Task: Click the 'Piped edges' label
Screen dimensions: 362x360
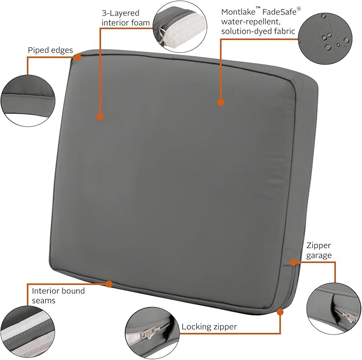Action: pyautogui.click(x=50, y=50)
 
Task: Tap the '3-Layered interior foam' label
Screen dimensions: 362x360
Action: pyautogui.click(x=126, y=18)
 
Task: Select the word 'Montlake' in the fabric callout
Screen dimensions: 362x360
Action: pyautogui.click(x=238, y=12)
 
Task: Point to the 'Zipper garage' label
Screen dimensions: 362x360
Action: pyautogui.click(x=319, y=250)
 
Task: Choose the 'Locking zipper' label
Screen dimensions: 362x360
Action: pyautogui.click(x=209, y=327)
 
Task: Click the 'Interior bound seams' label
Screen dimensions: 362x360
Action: pyautogui.click(x=58, y=296)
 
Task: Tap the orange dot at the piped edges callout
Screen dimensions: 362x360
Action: pyautogui.click(x=78, y=58)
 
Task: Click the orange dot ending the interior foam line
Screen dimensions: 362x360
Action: pyautogui.click(x=100, y=117)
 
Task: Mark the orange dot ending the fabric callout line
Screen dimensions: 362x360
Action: pyautogui.click(x=221, y=102)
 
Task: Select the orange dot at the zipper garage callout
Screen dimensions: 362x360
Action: pyautogui.click(x=293, y=262)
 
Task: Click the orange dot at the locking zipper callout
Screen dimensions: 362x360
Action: pyautogui.click(x=280, y=312)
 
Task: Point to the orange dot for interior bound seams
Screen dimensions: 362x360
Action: pyautogui.click(x=109, y=284)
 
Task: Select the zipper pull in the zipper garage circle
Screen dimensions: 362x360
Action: pyautogui.click(x=347, y=316)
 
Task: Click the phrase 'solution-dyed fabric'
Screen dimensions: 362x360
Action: pyautogui.click(x=258, y=31)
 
